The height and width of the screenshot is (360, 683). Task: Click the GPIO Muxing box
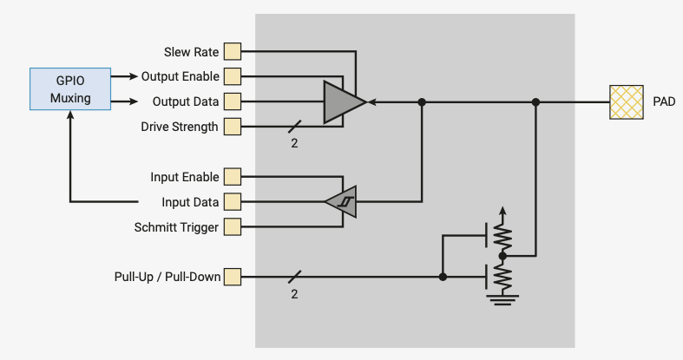(70, 88)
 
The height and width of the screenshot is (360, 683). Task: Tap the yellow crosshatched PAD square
(627, 102)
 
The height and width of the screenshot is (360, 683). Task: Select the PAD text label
(664, 101)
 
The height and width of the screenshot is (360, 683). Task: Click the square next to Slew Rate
(233, 51)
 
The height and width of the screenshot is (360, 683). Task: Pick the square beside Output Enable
(233, 76)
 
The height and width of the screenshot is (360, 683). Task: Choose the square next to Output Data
(233, 101)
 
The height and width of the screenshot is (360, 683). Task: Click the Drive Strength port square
(233, 127)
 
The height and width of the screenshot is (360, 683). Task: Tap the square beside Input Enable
(233, 177)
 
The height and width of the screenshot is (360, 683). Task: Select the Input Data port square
(233, 202)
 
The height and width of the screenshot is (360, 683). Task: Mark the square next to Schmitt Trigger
(233, 226)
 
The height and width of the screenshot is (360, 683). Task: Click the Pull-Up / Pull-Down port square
(233, 277)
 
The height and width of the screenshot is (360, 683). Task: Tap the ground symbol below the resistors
(502, 300)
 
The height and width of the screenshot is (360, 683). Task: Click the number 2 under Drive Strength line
(294, 143)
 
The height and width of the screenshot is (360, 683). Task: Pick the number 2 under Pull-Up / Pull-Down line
(294, 294)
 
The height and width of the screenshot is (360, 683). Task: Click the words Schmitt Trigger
(176, 227)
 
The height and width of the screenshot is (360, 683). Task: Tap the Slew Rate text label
(191, 52)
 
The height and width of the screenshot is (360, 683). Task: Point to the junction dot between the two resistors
(502, 256)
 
